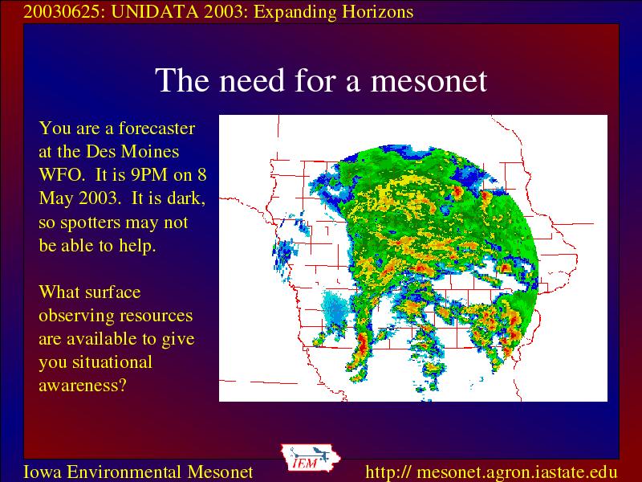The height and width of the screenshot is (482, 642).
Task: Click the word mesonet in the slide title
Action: click(429, 80)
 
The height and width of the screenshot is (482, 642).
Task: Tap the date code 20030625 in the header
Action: click(62, 12)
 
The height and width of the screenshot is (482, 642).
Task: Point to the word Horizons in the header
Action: click(377, 12)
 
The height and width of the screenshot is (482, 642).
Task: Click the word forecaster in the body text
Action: click(156, 129)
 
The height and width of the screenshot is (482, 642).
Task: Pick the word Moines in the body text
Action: click(150, 152)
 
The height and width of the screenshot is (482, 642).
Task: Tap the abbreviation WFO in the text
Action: click(62, 175)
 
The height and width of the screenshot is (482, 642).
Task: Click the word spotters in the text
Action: click(90, 223)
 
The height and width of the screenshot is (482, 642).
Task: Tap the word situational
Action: click(112, 362)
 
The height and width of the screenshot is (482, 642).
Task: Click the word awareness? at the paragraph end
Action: click(83, 386)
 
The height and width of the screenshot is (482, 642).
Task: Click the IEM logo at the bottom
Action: click(311, 458)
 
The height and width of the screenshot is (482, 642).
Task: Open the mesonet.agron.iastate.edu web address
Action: click(491, 472)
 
